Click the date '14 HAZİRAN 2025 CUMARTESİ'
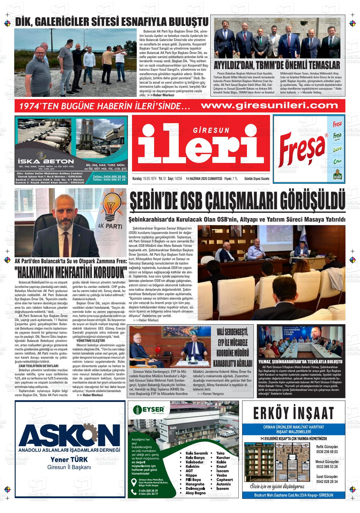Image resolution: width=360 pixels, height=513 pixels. point(204,179)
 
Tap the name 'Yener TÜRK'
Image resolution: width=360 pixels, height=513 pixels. point(69,460)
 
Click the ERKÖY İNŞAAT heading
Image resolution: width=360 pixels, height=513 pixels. point(293,413)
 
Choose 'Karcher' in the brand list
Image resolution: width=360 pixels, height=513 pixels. point(223,457)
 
